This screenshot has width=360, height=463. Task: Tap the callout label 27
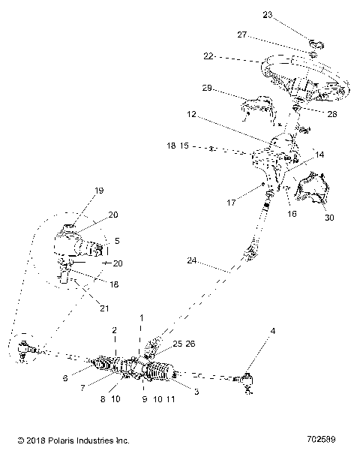point(242,35)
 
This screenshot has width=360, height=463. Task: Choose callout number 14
point(319,155)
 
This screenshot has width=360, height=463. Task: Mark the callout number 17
point(232,202)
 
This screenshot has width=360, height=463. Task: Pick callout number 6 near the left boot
point(66,379)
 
